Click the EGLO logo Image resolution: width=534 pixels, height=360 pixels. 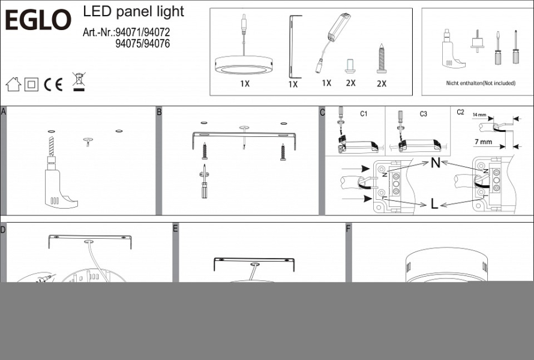38,20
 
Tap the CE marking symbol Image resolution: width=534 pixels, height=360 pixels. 53,85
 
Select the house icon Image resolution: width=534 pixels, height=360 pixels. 13,84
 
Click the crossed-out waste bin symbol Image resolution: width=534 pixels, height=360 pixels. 79,82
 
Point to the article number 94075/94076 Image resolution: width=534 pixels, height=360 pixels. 143,44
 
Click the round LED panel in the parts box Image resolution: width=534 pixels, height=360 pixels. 244,65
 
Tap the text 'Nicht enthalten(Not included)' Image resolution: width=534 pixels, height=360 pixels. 481,83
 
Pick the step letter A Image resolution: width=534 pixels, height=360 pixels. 4,112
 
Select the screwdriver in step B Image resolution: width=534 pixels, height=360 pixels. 204,181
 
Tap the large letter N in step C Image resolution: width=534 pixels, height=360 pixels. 435,163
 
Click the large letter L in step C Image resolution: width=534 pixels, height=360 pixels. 434,204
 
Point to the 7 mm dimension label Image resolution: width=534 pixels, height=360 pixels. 483,142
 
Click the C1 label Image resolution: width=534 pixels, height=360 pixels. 364,114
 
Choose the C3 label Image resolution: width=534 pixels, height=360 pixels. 423,114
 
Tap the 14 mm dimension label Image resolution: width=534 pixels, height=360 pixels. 479,115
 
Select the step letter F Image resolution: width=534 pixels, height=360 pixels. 348,228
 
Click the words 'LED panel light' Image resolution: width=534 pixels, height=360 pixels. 133,12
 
